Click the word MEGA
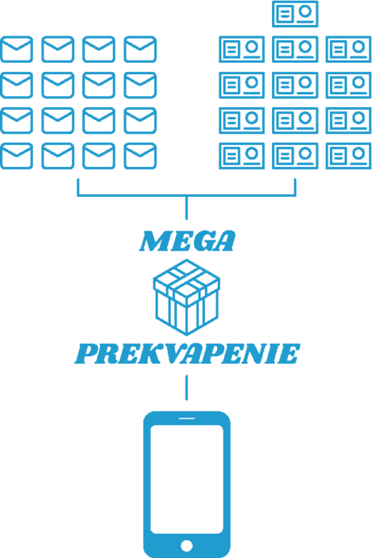click(x=187, y=241)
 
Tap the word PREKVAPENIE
click(x=187, y=354)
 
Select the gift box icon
click(x=186, y=298)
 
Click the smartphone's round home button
click(x=186, y=545)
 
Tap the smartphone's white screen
click(x=186, y=479)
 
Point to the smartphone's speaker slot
click(x=186, y=418)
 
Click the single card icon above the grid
click(x=295, y=14)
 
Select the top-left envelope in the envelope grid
click(x=16, y=49)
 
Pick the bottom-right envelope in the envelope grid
click(x=140, y=156)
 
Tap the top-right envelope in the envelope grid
click(x=140, y=49)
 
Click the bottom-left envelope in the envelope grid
click(x=16, y=156)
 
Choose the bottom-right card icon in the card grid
click(x=348, y=156)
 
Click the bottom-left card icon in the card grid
click(x=241, y=156)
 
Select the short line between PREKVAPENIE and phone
click(x=186, y=388)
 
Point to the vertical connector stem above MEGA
click(x=186, y=207)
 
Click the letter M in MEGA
click(x=154, y=241)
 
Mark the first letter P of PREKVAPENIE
click(x=87, y=354)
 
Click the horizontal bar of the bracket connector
click(x=186, y=195)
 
